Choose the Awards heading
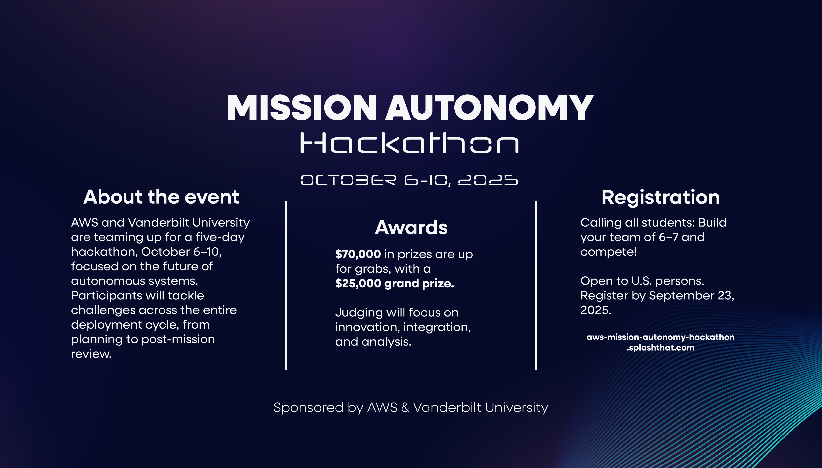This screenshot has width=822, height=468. click(411, 228)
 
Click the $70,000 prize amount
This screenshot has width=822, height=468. click(358, 254)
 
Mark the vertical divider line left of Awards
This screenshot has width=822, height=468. click(286, 285)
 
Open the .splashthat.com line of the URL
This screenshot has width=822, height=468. click(660, 348)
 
